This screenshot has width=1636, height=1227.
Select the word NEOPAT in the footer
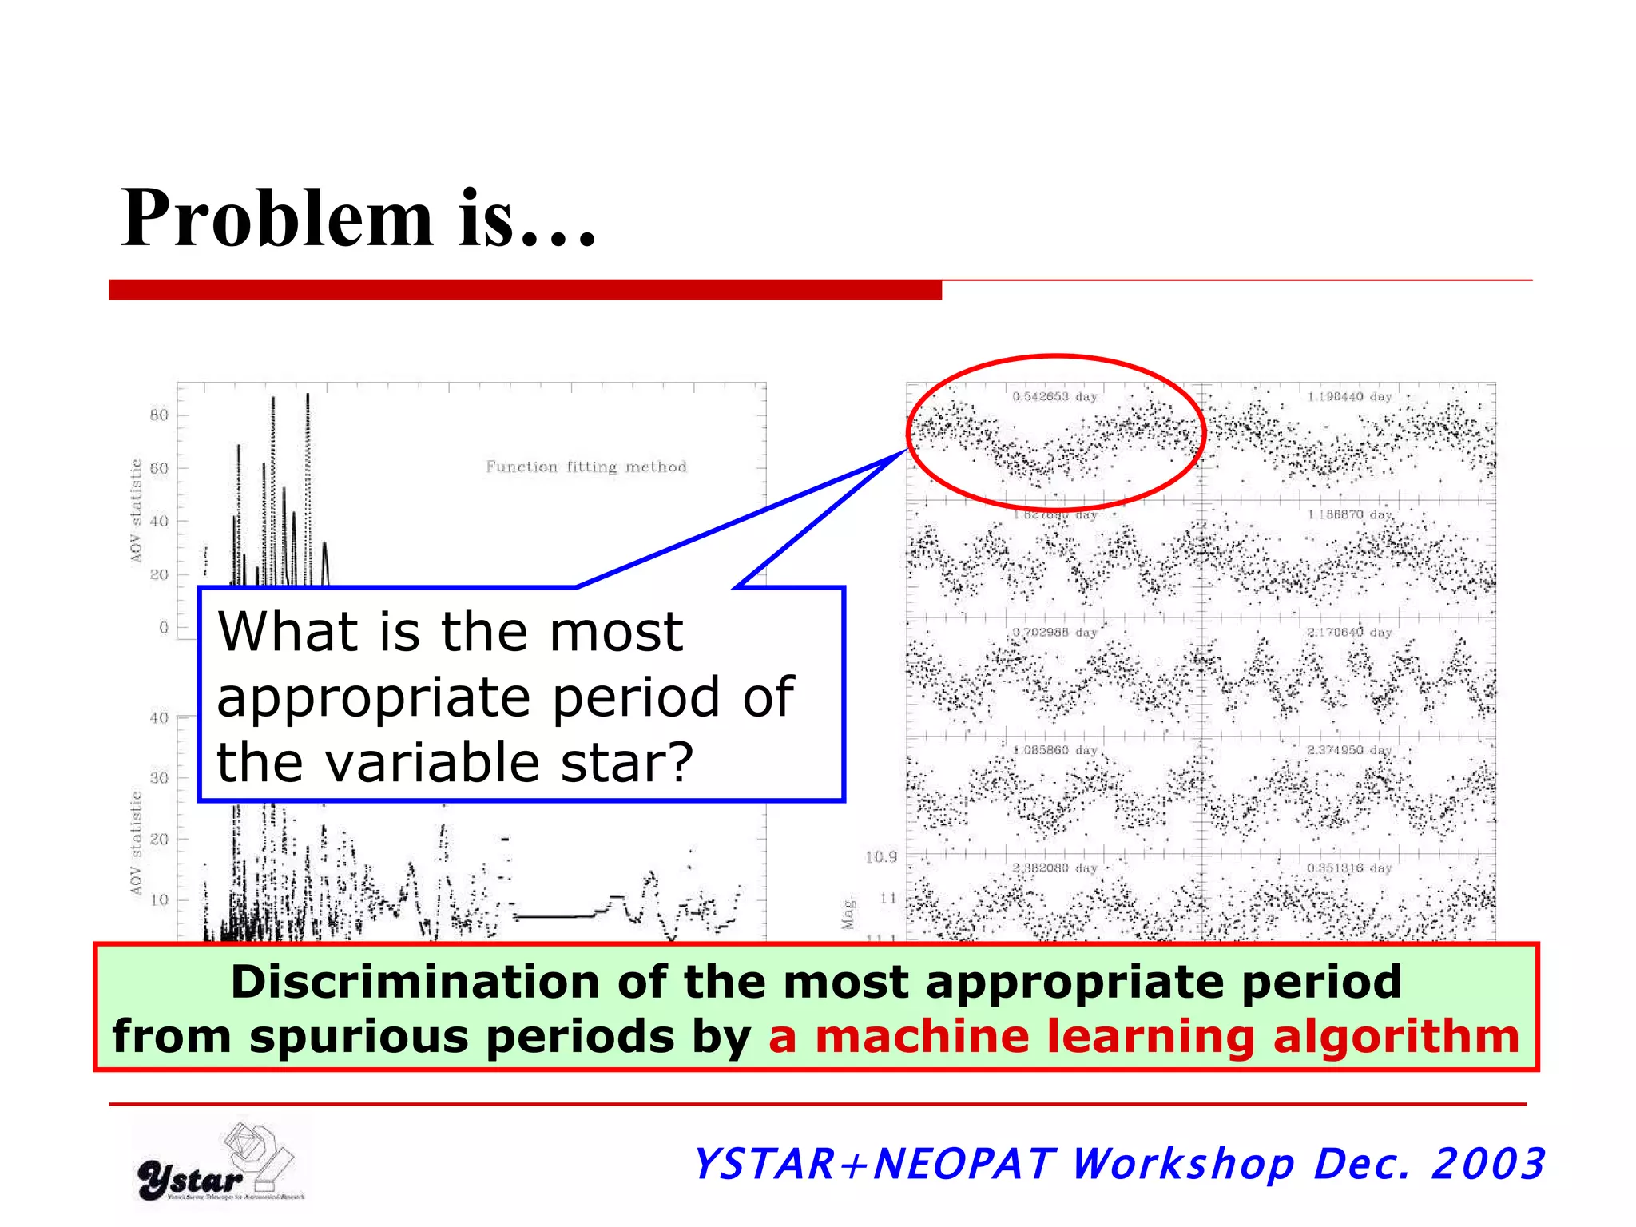pyautogui.click(x=965, y=1164)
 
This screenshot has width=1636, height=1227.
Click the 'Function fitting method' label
pyautogui.click(x=586, y=467)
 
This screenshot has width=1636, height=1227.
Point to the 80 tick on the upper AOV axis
pyautogui.click(x=159, y=415)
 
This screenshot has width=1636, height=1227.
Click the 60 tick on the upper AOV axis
pyautogui.click(x=159, y=468)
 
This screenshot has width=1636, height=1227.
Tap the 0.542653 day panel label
pyautogui.click(x=1054, y=396)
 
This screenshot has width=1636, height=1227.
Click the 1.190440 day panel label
pyautogui.click(x=1349, y=396)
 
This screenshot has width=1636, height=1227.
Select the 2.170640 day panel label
pyautogui.click(x=1349, y=632)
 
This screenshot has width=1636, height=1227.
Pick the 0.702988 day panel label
pyautogui.click(x=1054, y=632)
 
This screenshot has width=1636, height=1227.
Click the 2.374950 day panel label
pyautogui.click(x=1349, y=750)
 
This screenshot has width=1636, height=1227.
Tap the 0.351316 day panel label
pyautogui.click(x=1349, y=868)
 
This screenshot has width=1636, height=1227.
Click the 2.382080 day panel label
pyautogui.click(x=1054, y=868)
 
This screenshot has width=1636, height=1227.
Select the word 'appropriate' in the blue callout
pyautogui.click(x=372, y=698)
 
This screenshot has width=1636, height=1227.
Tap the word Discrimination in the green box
pyautogui.click(x=415, y=981)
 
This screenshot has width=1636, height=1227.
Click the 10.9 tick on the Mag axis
pyautogui.click(x=880, y=857)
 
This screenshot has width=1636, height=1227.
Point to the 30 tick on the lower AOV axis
pyautogui.click(x=159, y=778)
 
